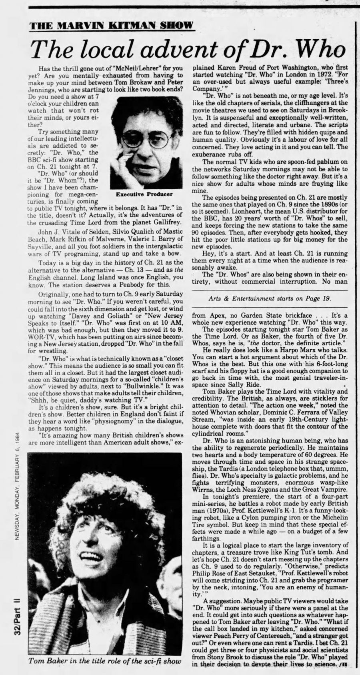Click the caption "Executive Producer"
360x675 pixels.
[x=144, y=194]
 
